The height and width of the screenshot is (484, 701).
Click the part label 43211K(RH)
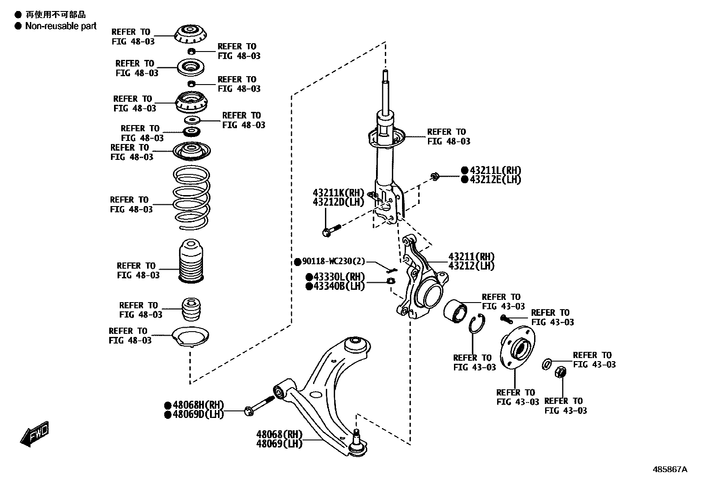pos(339,193)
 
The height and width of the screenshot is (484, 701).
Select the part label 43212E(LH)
pos(495,180)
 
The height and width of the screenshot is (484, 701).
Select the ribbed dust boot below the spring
pos(191,261)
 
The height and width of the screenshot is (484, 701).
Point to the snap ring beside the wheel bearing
pos(476,326)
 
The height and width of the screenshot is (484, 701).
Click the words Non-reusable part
pos(61,26)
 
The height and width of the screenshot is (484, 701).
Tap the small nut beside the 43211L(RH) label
pos(435,177)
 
